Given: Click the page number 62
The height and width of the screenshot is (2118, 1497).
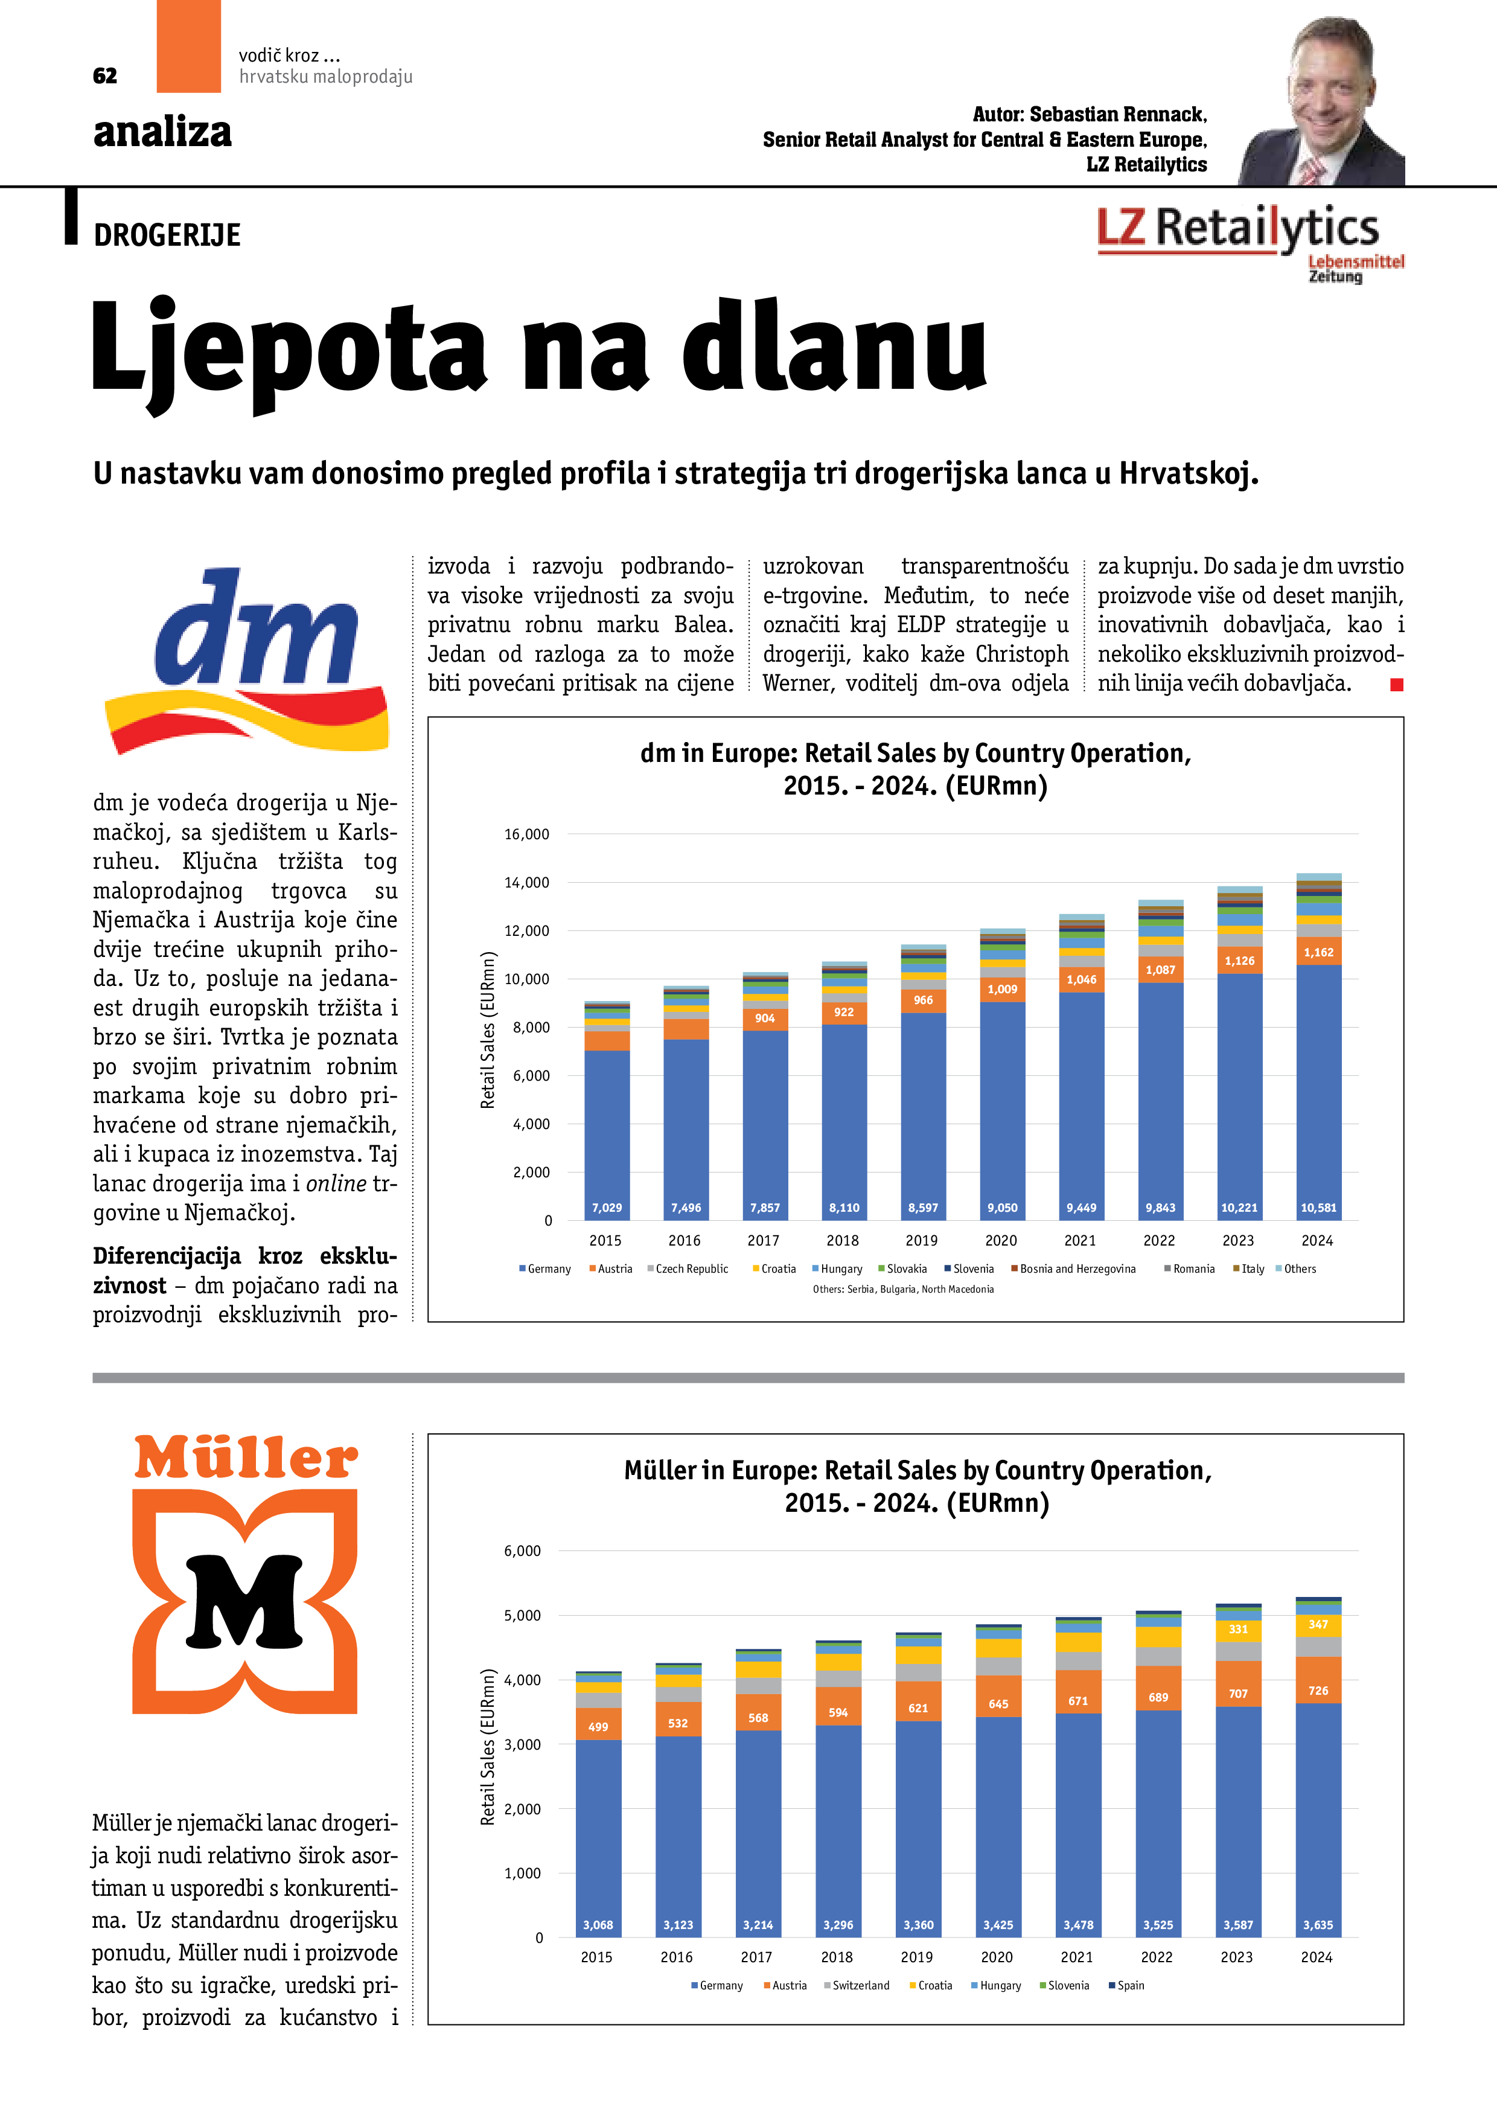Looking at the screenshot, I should pos(105,75).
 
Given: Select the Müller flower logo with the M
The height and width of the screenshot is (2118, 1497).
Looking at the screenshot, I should pos(244,1601).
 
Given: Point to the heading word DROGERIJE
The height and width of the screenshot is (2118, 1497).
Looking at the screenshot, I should pos(167,236).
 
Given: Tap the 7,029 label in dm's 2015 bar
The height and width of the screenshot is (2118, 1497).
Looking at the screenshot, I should pos(607,1208).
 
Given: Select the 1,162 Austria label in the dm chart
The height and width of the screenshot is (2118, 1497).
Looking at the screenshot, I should pos(1318,952).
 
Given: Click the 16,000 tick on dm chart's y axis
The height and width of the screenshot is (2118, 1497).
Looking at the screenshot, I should pos(527,834).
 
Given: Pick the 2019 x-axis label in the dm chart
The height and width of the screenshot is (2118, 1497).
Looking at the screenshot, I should pos(922,1241).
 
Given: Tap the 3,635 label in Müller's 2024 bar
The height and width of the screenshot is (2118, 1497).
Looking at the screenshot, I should pos(1318,1925).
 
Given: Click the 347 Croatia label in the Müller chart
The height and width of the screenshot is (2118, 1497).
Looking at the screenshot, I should pos(1318,1625).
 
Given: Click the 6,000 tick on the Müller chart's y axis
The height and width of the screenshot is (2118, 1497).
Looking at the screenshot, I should pos(522,1550).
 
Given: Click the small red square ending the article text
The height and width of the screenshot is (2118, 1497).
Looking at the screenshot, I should pos(1396,685).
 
